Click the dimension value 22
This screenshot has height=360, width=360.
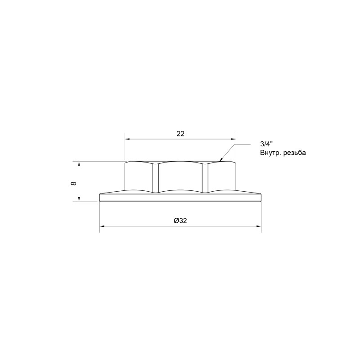pos(180,134)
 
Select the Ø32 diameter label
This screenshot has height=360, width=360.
pos(180,220)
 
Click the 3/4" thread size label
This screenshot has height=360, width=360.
pos(266,144)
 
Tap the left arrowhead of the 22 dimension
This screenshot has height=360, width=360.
pos(126,139)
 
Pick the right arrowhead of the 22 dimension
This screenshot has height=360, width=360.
pos(234,139)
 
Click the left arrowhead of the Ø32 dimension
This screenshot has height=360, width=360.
pos(101,226)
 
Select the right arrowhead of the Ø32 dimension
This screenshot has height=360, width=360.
pos(259,226)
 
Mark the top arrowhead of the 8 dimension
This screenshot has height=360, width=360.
pos(79,163)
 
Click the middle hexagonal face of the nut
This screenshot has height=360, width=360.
pos(180,176)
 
